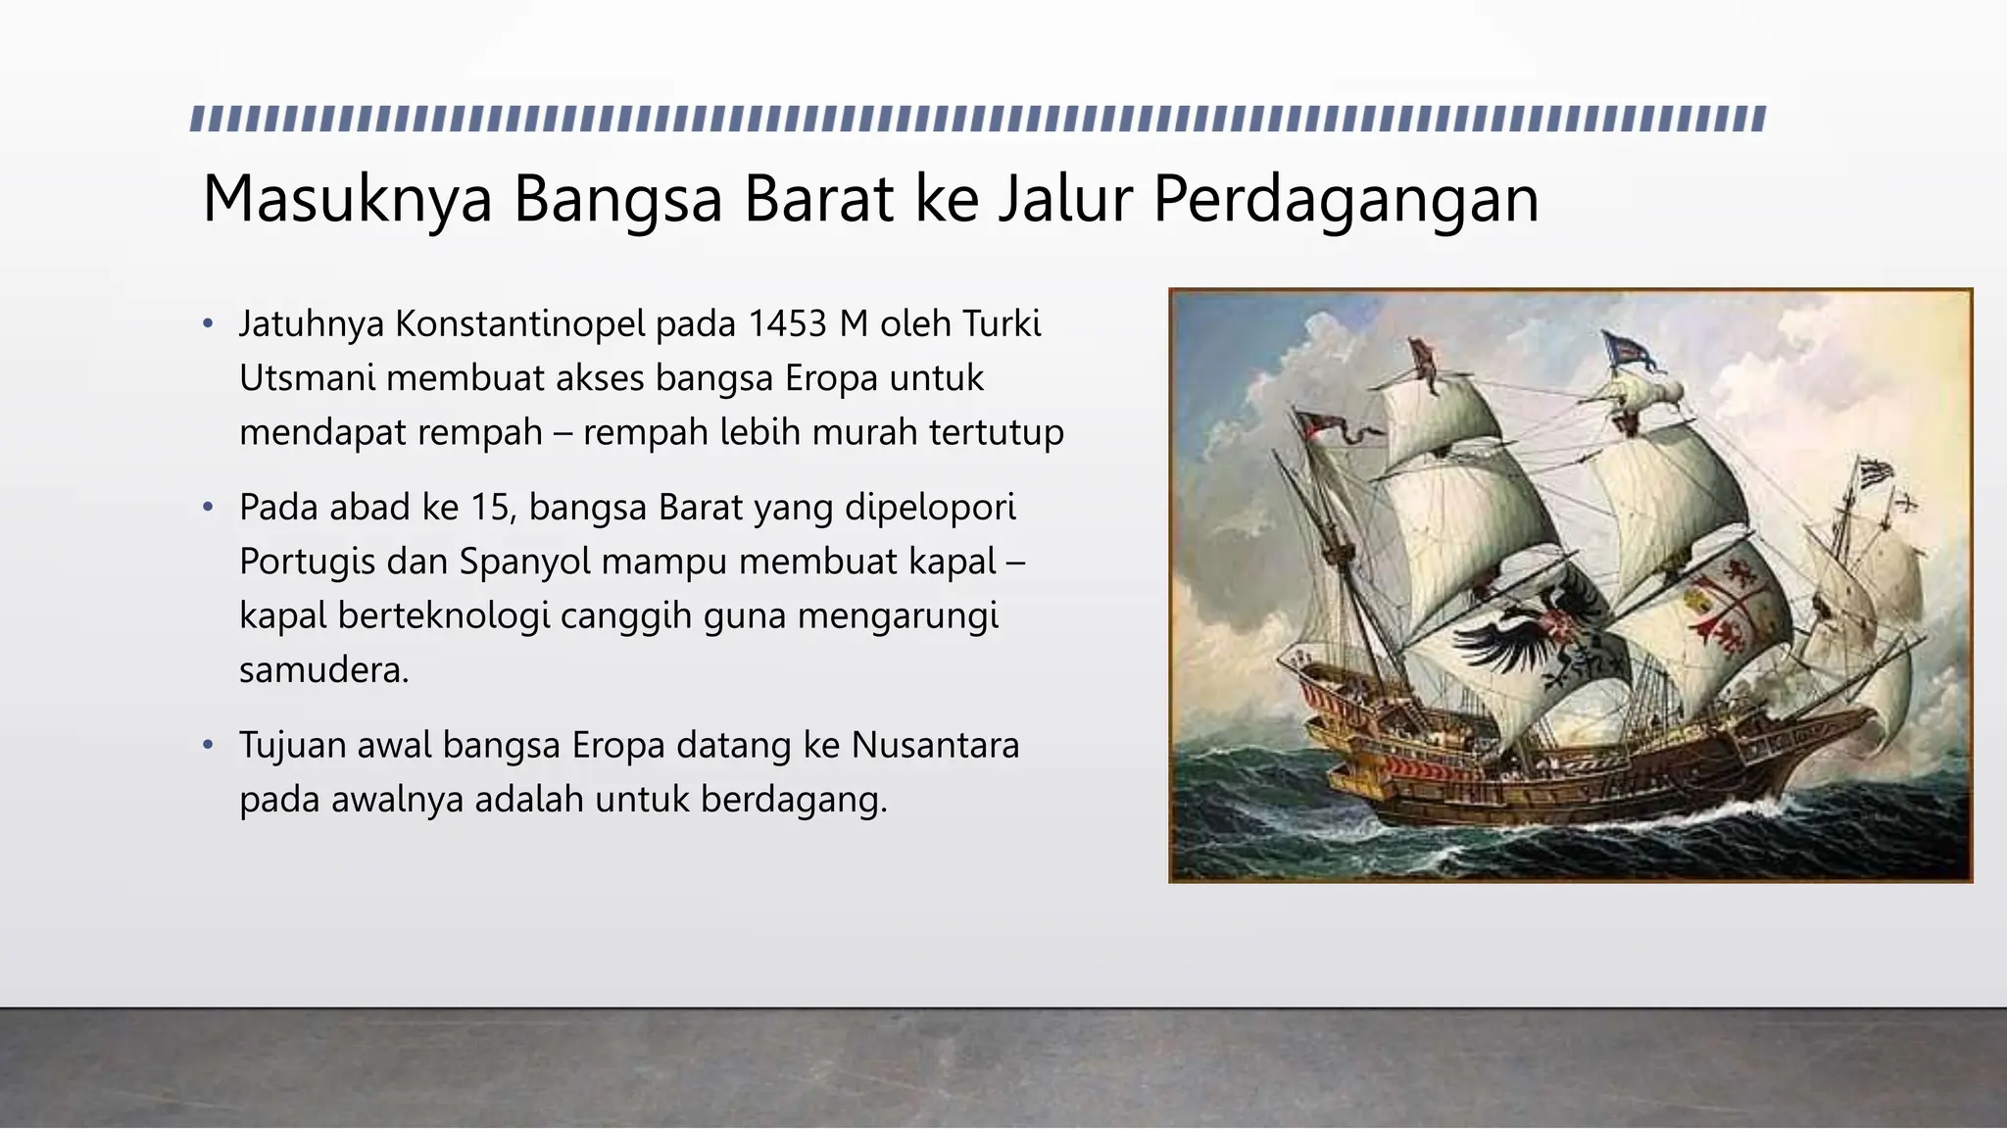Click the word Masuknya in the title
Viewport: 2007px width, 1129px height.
347,200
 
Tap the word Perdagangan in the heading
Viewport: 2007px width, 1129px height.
1346,200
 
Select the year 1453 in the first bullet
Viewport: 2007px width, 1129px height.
787,323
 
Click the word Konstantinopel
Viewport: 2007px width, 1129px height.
520,323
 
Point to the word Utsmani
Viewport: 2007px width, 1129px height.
307,378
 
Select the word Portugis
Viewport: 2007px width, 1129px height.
307,562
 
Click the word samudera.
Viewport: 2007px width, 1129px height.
323,670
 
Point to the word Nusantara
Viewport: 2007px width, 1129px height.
935,746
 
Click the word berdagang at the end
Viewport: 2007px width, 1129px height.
793,800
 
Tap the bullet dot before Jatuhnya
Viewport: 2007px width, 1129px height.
208,323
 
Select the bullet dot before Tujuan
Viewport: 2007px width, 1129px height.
208,746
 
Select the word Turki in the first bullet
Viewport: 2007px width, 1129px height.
1001,323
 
